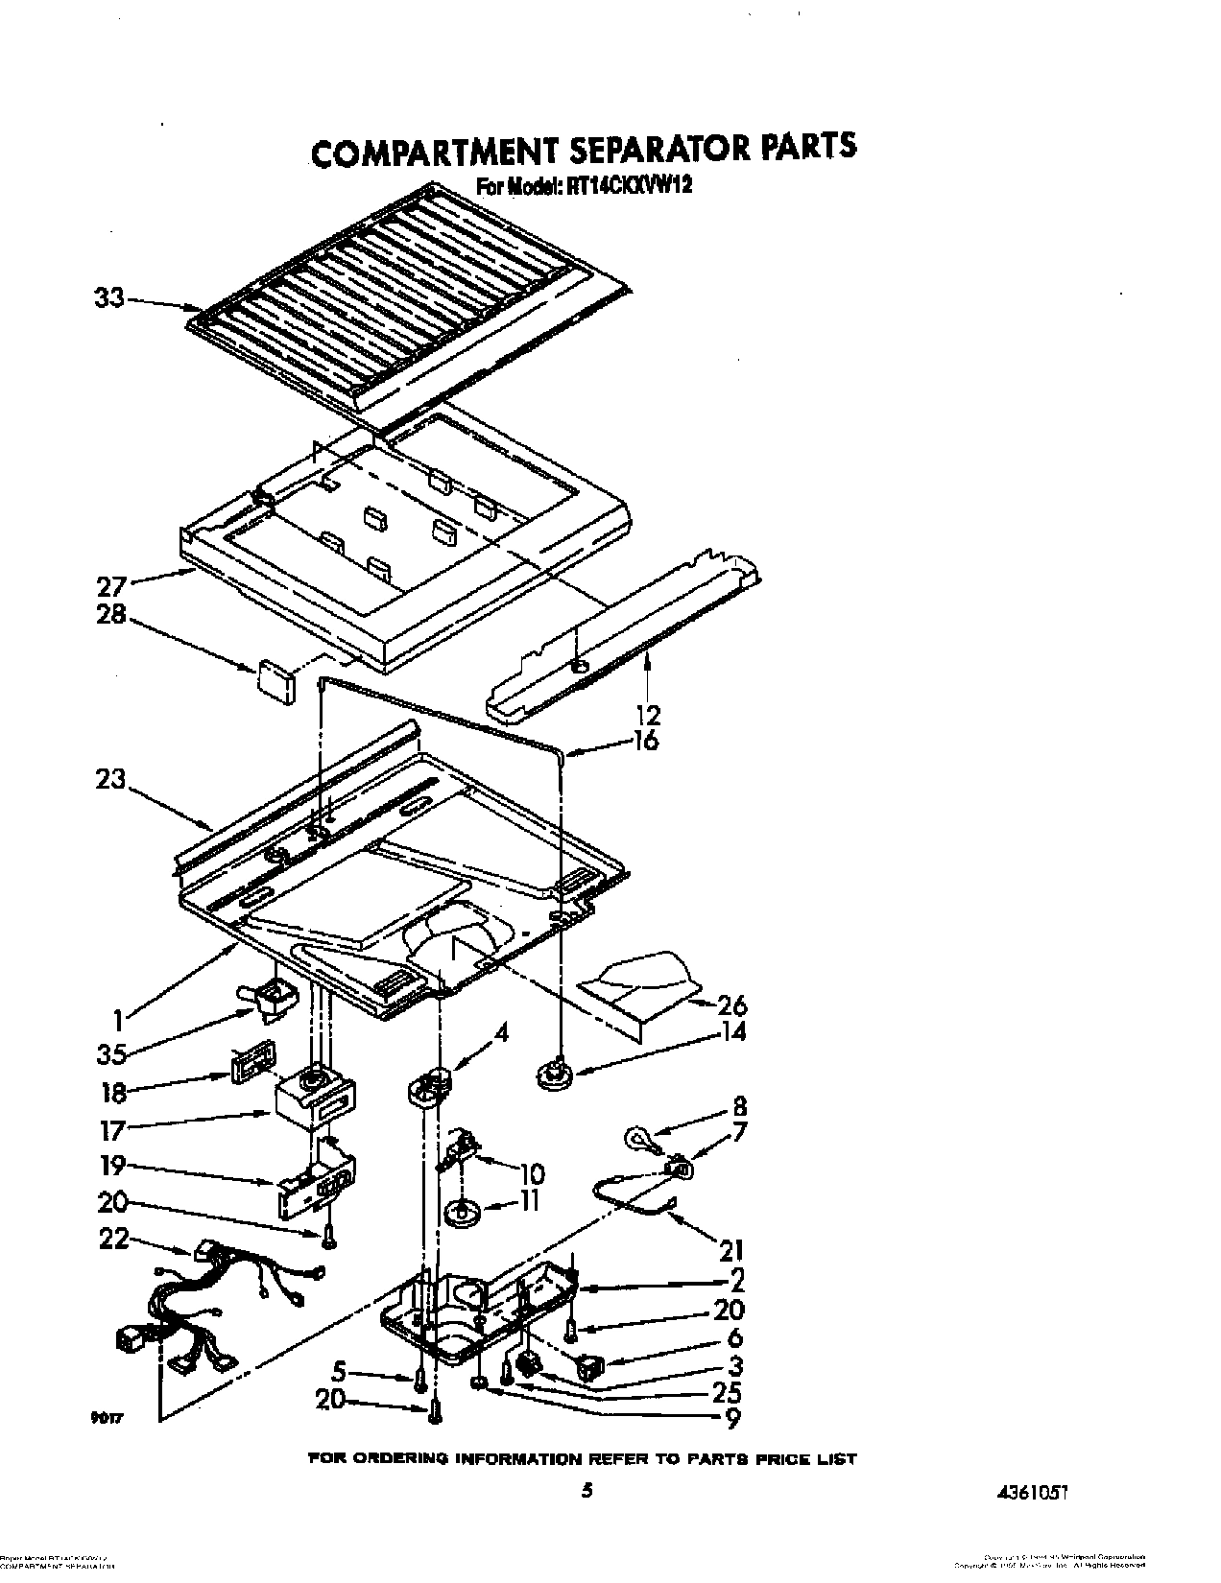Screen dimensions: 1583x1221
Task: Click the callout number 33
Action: coord(108,298)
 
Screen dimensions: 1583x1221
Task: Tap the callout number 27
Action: coord(110,585)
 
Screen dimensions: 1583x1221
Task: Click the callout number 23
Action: coord(110,779)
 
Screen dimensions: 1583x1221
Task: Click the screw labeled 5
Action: coord(420,1382)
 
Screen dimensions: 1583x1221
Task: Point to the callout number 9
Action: coord(734,1418)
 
